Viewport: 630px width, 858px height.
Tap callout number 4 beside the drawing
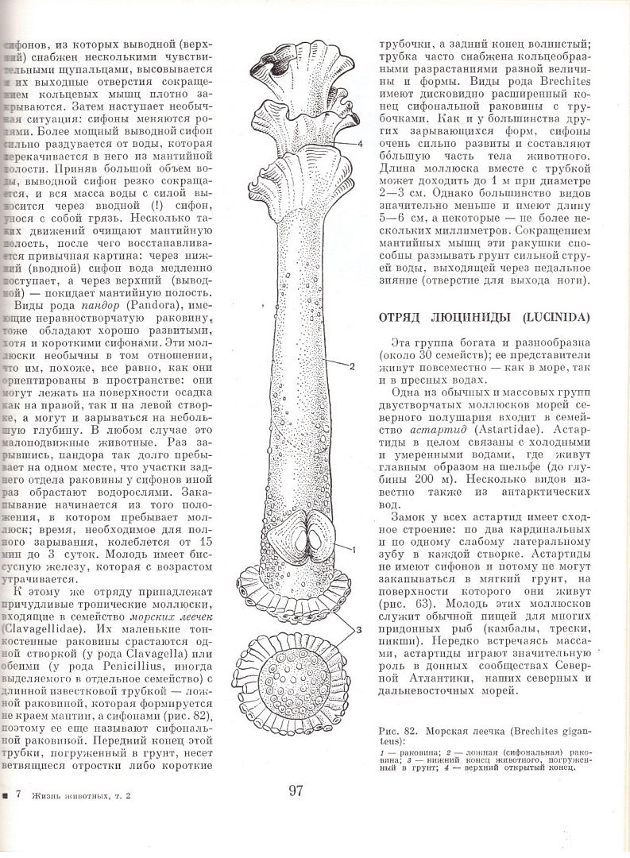point(360,143)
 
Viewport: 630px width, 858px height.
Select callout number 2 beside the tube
point(351,366)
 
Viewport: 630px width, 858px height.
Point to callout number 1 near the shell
point(353,549)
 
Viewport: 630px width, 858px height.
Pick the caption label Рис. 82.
point(400,730)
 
